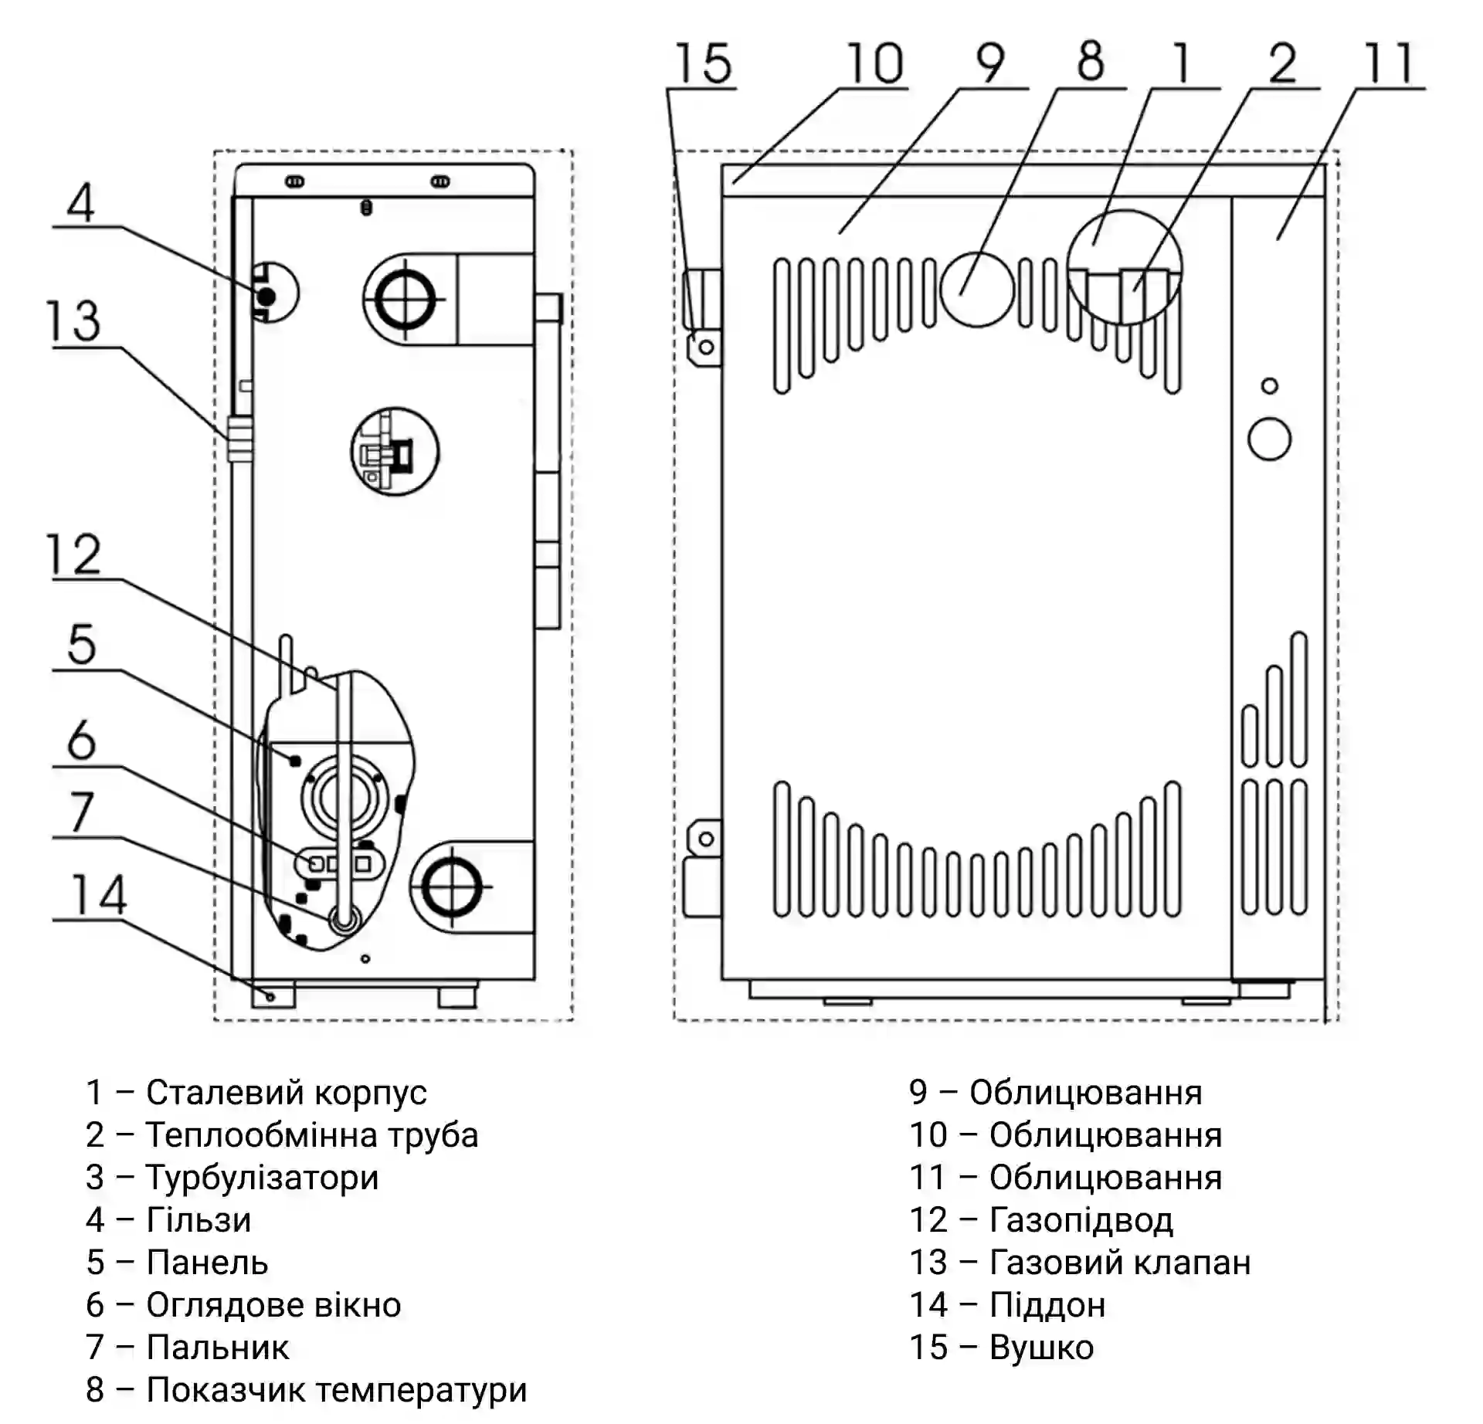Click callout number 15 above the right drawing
pos(704,63)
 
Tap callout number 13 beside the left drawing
pos(74,321)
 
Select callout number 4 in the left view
pos(81,202)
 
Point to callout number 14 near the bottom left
pos(98,895)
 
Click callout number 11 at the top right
pos(1389,63)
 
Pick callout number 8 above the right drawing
pos(1090,62)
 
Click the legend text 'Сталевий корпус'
pos(286,1093)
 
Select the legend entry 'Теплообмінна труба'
pos(312,1135)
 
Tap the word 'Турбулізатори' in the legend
pos(263,1178)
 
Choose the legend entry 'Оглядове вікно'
pos(273,1305)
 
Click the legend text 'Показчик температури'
pos(337,1390)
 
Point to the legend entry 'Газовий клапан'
pos(1120,1263)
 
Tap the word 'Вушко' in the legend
pos(1041,1348)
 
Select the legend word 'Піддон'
pos(1047,1305)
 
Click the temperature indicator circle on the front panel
pos(976,290)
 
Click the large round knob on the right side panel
pos(1269,439)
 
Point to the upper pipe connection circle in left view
pos(404,299)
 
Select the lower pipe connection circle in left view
pos(450,888)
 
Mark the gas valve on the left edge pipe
pos(239,439)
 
